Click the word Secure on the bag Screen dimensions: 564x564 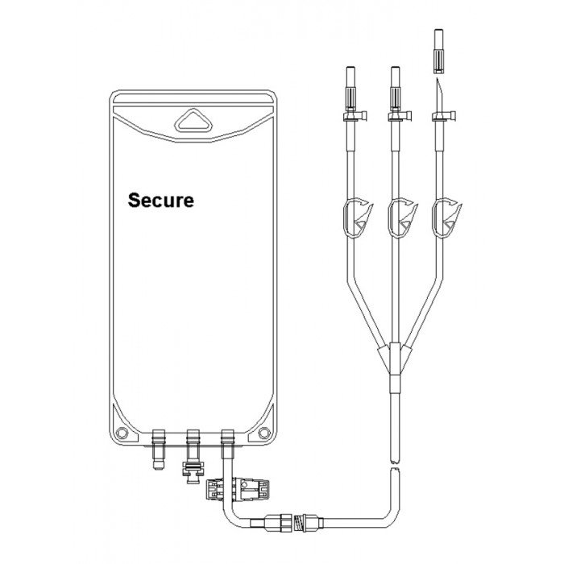(161, 200)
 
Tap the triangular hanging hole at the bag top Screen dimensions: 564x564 (193, 121)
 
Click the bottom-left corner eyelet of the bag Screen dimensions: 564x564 (122, 432)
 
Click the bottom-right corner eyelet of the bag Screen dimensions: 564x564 (264, 433)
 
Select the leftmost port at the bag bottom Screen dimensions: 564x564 (158, 449)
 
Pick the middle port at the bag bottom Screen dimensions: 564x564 (193, 456)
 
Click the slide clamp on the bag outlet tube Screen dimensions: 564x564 (238, 489)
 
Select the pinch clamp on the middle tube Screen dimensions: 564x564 (402, 217)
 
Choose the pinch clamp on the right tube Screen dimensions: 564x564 (446, 217)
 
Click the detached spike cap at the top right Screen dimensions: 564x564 (438, 51)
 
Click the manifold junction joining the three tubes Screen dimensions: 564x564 (395, 359)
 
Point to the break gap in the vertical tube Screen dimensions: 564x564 (395, 464)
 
